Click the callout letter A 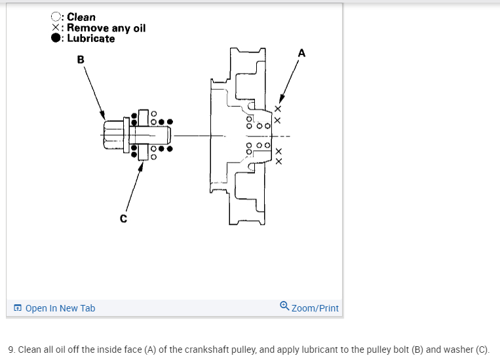(x=301, y=52)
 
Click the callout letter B (x=81, y=60)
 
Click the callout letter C (x=123, y=218)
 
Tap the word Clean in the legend (x=81, y=17)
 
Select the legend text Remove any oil (x=106, y=28)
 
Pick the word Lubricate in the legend (x=90, y=39)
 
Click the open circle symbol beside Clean (x=56, y=17)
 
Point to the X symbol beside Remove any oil (x=56, y=28)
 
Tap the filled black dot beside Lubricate (x=56, y=39)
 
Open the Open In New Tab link (x=60, y=308)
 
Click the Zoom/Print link (x=315, y=308)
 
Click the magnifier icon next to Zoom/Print (x=284, y=306)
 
